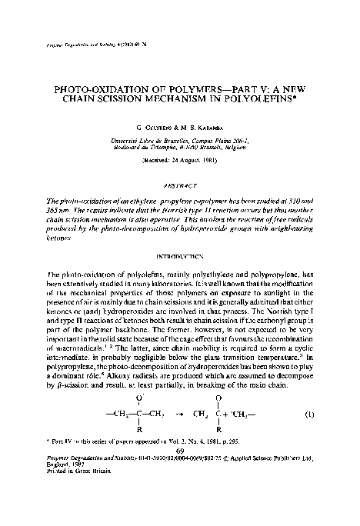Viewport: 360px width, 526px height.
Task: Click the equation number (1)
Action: (x=309, y=435)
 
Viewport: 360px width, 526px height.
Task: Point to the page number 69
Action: (x=180, y=474)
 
